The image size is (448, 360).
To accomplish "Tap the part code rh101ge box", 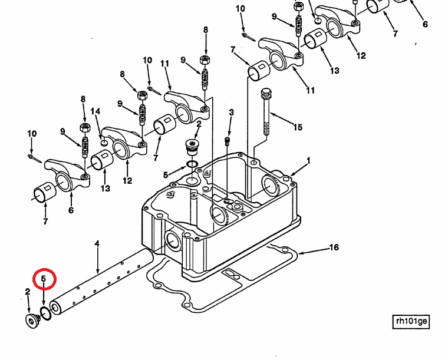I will click(411, 321).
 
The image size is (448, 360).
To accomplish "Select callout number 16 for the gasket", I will click(334, 247).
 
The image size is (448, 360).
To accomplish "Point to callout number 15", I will click(298, 127).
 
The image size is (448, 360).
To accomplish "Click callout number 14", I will click(95, 111).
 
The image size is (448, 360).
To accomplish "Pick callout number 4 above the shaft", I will click(97, 243).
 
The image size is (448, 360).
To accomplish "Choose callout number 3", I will click(232, 113).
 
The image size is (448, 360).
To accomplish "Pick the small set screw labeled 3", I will click(228, 141).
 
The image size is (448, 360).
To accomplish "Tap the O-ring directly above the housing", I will click(192, 164).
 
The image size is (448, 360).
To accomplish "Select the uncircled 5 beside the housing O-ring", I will click(166, 174).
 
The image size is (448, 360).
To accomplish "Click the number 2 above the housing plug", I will click(199, 124).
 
